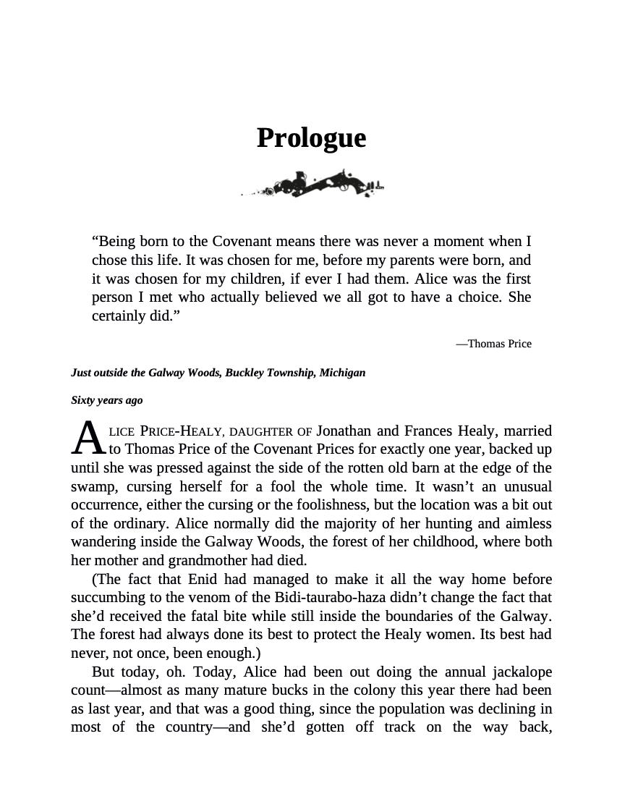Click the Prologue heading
(311, 138)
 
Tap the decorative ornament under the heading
(312, 184)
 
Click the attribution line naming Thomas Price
(493, 344)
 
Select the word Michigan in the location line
(341, 373)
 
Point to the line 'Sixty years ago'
(107, 400)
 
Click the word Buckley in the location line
(249, 373)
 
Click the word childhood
(424, 541)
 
